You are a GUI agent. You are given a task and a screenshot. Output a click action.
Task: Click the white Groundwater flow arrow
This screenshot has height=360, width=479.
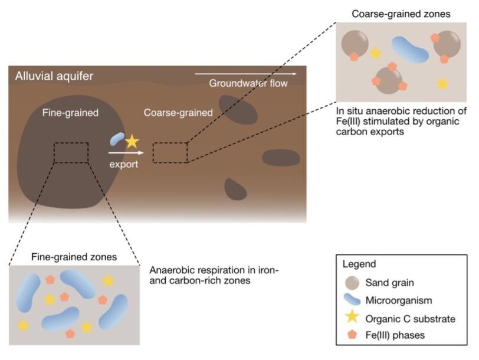click(245, 74)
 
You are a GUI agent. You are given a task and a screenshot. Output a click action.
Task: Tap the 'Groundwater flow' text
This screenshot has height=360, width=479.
click(248, 84)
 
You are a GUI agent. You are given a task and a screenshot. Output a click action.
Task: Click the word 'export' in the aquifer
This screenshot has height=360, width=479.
click(123, 164)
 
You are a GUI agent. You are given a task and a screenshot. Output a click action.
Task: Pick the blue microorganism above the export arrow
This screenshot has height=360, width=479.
click(117, 139)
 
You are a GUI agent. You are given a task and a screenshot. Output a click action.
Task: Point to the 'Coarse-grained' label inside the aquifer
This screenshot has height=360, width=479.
click(178, 112)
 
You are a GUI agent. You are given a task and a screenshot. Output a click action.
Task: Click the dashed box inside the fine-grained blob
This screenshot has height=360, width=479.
click(71, 152)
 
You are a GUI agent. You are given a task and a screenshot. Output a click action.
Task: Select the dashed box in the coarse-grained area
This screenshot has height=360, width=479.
click(170, 152)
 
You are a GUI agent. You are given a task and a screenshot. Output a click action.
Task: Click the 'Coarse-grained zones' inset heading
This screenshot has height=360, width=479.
click(401, 13)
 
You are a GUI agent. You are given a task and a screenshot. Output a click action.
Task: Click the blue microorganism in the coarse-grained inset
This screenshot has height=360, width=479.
click(409, 50)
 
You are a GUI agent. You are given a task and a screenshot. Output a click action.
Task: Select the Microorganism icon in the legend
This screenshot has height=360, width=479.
click(352, 301)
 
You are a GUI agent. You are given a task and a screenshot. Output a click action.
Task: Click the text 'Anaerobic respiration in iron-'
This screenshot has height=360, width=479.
click(214, 270)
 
